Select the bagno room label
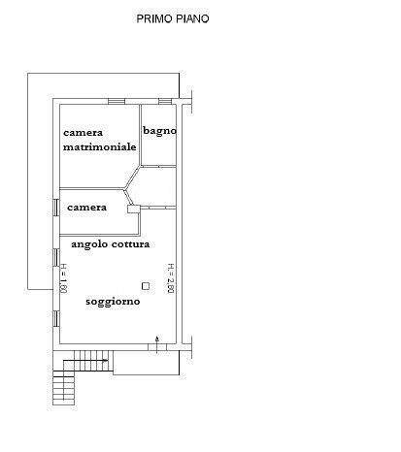point(159,131)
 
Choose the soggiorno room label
point(112,302)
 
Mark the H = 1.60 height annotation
point(63,277)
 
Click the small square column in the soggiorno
point(145,285)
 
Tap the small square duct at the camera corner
point(130,206)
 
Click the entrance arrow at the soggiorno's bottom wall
point(158,339)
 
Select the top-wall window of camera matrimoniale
point(117,101)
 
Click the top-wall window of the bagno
point(166,101)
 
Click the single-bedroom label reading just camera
point(86,208)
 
